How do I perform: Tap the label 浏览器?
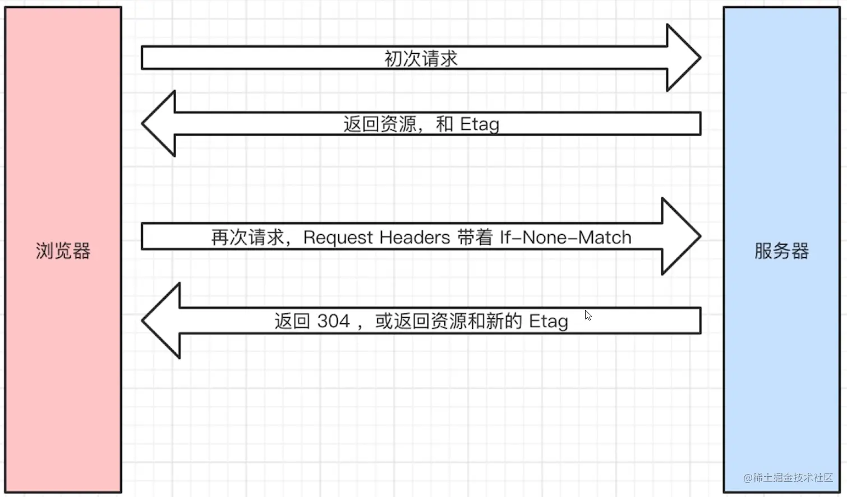click(63, 251)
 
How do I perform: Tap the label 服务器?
click(781, 251)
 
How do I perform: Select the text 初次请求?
click(421, 58)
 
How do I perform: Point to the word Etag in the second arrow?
click(479, 124)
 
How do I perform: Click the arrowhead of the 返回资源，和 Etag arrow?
click(159, 123)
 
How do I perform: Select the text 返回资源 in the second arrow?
click(380, 124)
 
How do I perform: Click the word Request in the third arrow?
click(338, 238)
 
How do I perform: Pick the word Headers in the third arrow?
click(415, 238)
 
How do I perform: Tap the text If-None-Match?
click(565, 238)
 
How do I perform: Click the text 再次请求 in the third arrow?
click(247, 238)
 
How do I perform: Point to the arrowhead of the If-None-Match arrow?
click(681, 236)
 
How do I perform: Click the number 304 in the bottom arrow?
click(333, 322)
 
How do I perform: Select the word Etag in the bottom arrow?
click(548, 322)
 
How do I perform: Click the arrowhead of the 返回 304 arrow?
click(162, 321)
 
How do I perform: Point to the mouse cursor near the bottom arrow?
click(587, 315)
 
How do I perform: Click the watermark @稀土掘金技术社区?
click(788, 477)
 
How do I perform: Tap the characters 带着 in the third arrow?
click(475, 238)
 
